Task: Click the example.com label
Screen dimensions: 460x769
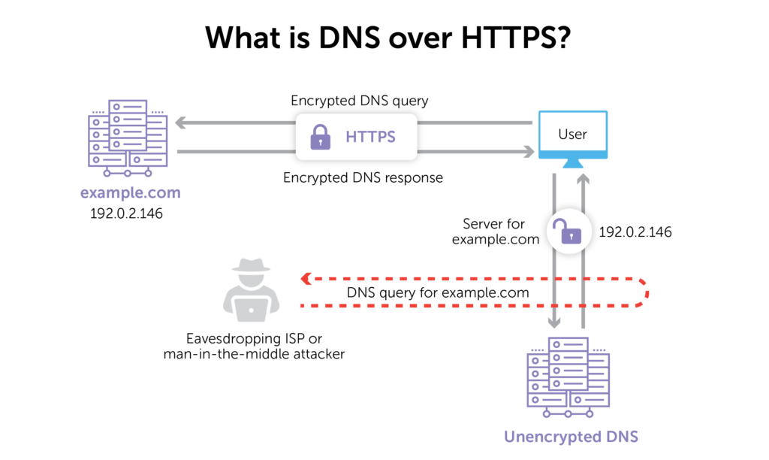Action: click(x=131, y=193)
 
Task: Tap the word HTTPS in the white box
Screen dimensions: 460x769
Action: click(x=370, y=137)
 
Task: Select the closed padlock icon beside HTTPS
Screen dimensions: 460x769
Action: click(x=321, y=137)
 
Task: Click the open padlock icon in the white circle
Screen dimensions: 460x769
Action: click(x=568, y=231)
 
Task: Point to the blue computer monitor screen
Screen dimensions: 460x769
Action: click(x=572, y=134)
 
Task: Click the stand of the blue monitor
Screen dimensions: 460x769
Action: click(x=572, y=163)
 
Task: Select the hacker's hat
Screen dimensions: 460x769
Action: click(x=251, y=266)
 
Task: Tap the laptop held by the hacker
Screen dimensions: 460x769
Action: click(x=251, y=309)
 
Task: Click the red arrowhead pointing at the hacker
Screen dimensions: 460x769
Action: click(x=305, y=279)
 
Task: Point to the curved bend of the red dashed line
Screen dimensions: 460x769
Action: click(x=645, y=292)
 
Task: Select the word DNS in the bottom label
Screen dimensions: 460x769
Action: click(x=619, y=437)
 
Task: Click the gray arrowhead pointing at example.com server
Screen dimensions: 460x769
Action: click(x=180, y=123)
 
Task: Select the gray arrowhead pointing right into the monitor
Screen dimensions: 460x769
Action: click(x=529, y=151)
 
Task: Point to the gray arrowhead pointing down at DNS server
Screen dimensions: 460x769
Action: click(x=554, y=323)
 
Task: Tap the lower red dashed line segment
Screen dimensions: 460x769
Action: click(x=466, y=306)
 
